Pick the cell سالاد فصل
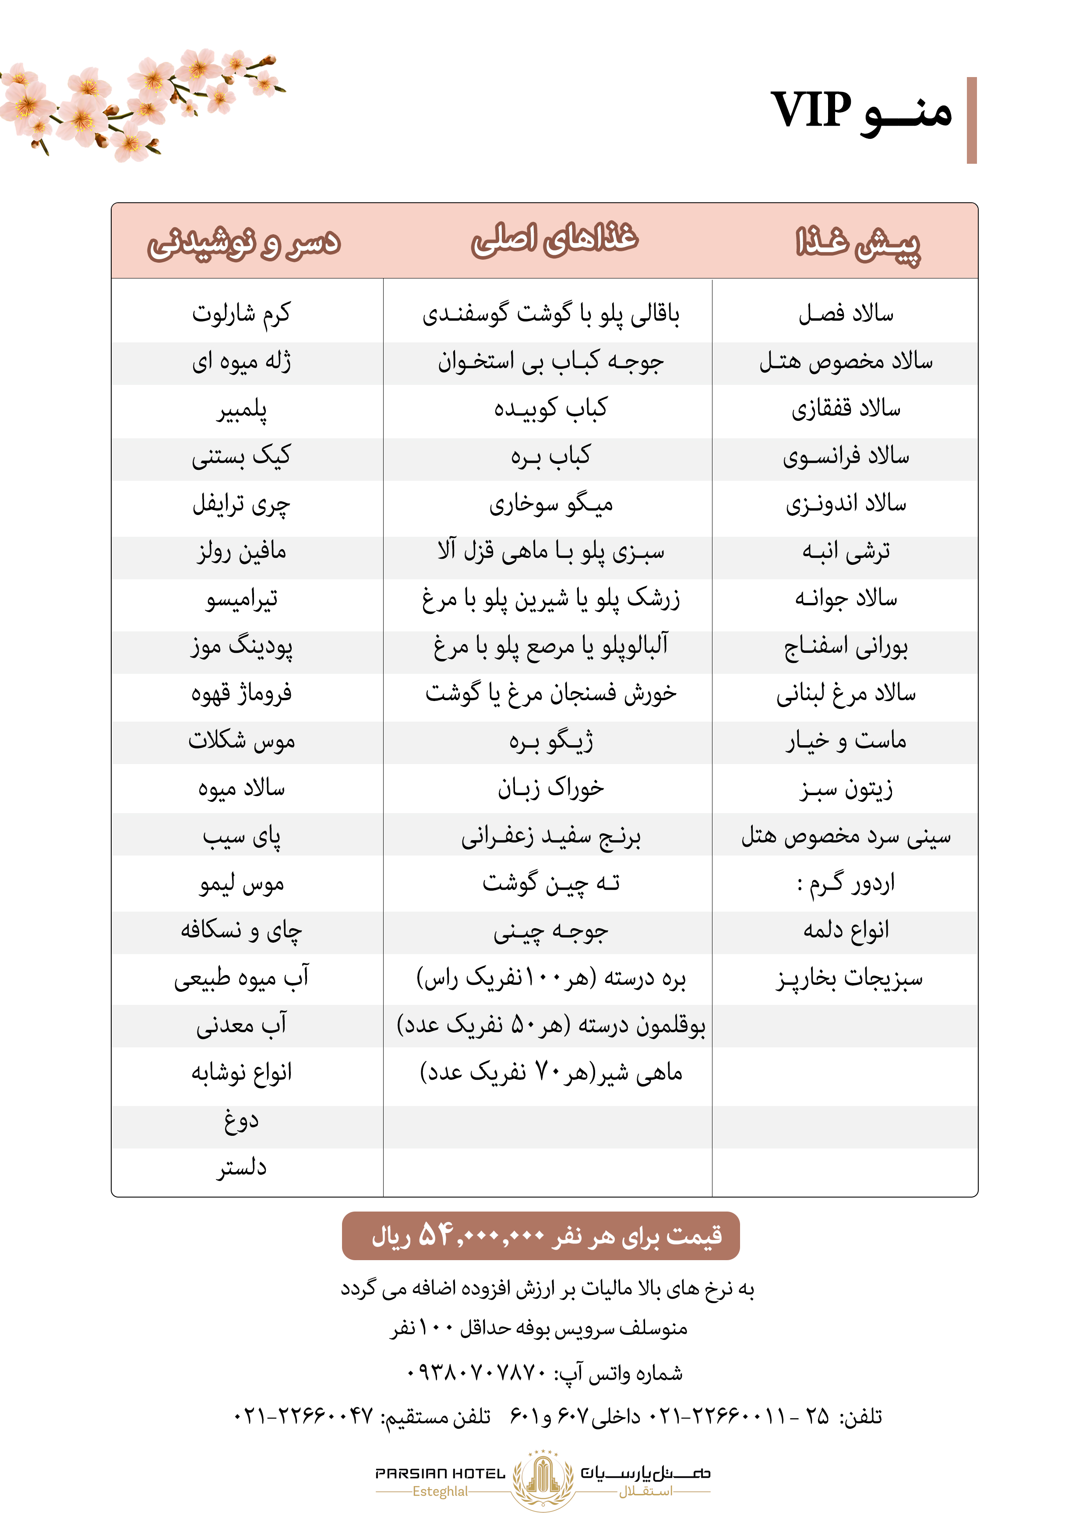[x=846, y=313]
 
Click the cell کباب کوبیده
[x=551, y=408]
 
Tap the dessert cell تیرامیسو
[x=242, y=599]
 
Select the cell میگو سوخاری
[x=551, y=504]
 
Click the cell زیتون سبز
[x=846, y=789]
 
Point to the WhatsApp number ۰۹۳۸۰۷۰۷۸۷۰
[x=477, y=1374]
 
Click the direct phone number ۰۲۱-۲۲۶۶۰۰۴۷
[x=303, y=1416]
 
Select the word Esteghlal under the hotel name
[x=440, y=1491]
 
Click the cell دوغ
[x=242, y=1120]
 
